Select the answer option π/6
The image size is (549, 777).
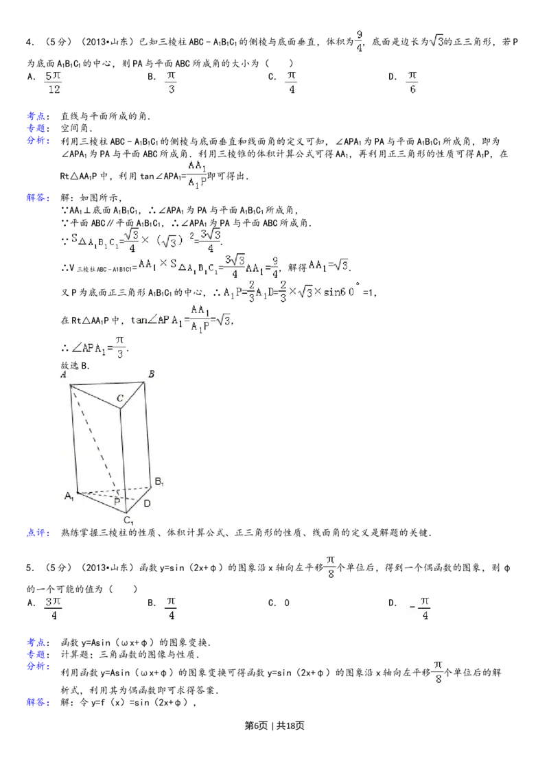[412, 82]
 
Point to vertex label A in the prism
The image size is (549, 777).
[63, 375]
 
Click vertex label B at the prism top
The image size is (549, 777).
[151, 374]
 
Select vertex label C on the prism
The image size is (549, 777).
[119, 397]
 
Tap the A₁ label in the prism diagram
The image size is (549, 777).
[69, 496]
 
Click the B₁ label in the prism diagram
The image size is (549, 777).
[158, 483]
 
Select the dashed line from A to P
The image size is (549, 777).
[95, 439]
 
